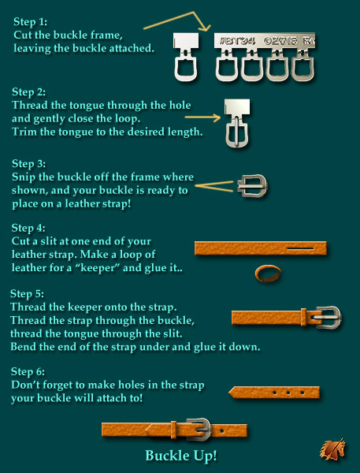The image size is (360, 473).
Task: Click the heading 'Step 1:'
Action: (30, 22)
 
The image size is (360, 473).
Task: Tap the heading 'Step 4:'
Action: (28, 228)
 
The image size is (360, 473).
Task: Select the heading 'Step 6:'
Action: (28, 371)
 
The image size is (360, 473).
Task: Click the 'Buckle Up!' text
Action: (181, 455)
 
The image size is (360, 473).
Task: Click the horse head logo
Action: (333, 449)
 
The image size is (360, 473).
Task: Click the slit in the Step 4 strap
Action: (300, 249)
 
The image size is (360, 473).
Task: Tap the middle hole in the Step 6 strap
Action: (288, 393)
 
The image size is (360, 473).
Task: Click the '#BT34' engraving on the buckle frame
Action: (238, 41)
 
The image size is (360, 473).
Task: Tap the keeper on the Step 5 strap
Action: (303, 317)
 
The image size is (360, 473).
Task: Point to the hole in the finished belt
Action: (222, 430)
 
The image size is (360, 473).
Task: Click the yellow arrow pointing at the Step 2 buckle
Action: (202, 117)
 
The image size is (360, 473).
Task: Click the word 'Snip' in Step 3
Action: (24, 177)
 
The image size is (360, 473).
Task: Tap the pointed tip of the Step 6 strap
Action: (229, 393)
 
